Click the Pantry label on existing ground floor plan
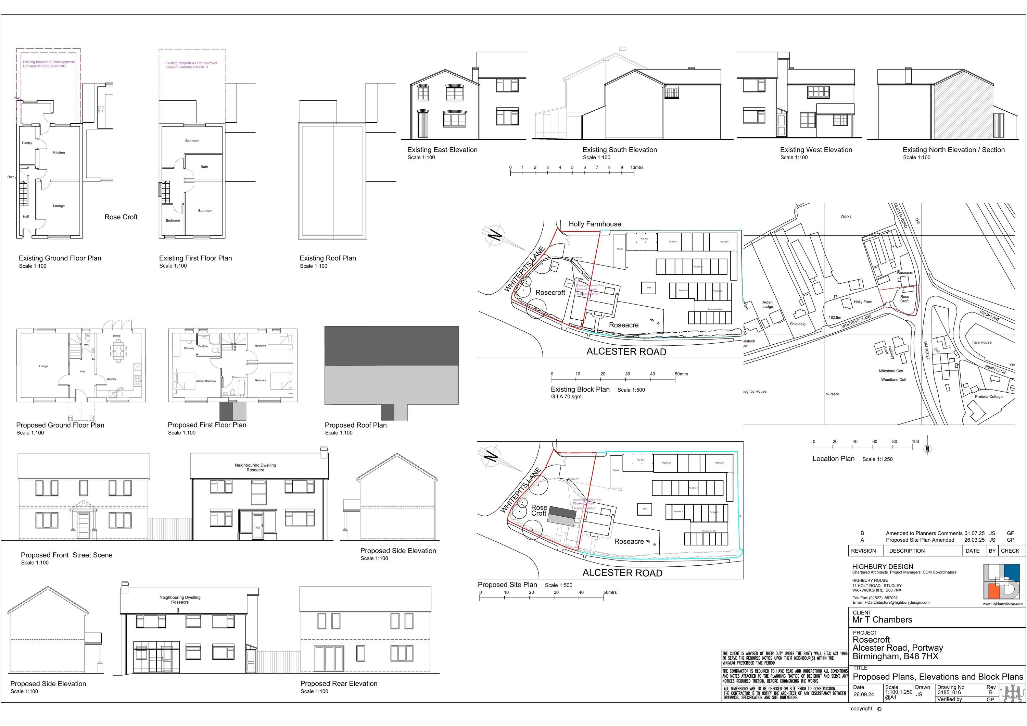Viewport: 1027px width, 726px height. coord(27,143)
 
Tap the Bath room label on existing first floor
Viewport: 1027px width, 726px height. coord(204,167)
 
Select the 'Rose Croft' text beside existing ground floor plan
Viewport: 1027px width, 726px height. coord(121,217)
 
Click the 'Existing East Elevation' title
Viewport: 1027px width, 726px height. coord(442,150)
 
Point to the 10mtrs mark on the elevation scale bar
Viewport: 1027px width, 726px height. coord(637,168)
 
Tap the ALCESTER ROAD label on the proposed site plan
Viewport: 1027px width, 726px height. coord(622,573)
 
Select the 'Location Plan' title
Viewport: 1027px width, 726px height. coord(833,459)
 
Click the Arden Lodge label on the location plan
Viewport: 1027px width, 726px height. coord(768,304)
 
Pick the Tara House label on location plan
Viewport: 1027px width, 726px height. coord(981,342)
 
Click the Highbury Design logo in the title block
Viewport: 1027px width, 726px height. coord(1002,581)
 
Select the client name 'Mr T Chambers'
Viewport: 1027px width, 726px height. coord(882,620)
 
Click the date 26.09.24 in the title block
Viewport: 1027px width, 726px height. coord(863,695)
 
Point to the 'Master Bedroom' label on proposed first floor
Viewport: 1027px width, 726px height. coord(206,381)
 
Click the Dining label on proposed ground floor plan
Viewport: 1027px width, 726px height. coord(116,336)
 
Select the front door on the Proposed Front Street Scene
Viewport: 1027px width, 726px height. coord(83,526)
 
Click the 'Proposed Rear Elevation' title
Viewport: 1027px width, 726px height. coord(339,684)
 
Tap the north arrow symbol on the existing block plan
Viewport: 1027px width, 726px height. coord(495,235)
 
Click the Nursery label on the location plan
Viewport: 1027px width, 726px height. coord(832,394)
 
